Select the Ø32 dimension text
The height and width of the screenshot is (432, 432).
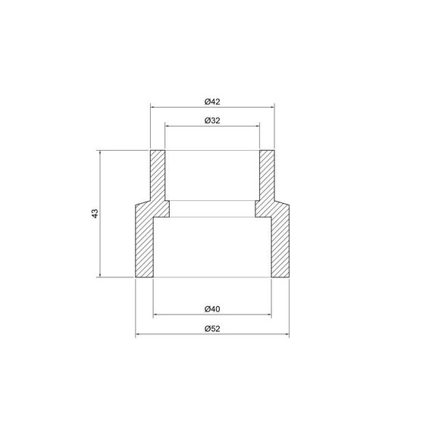(x=212, y=121)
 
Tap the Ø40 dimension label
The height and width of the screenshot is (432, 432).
(x=212, y=308)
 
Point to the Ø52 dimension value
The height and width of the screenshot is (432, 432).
(x=212, y=329)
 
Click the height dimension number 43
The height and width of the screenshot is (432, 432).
(x=94, y=214)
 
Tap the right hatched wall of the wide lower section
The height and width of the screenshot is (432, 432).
(x=280, y=243)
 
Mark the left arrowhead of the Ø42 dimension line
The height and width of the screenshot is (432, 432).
(x=152, y=108)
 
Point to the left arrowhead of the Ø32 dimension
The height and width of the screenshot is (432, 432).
(x=167, y=127)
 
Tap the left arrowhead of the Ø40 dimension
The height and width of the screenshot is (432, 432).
(x=156, y=315)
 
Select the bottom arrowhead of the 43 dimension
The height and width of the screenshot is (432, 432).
(x=100, y=275)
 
